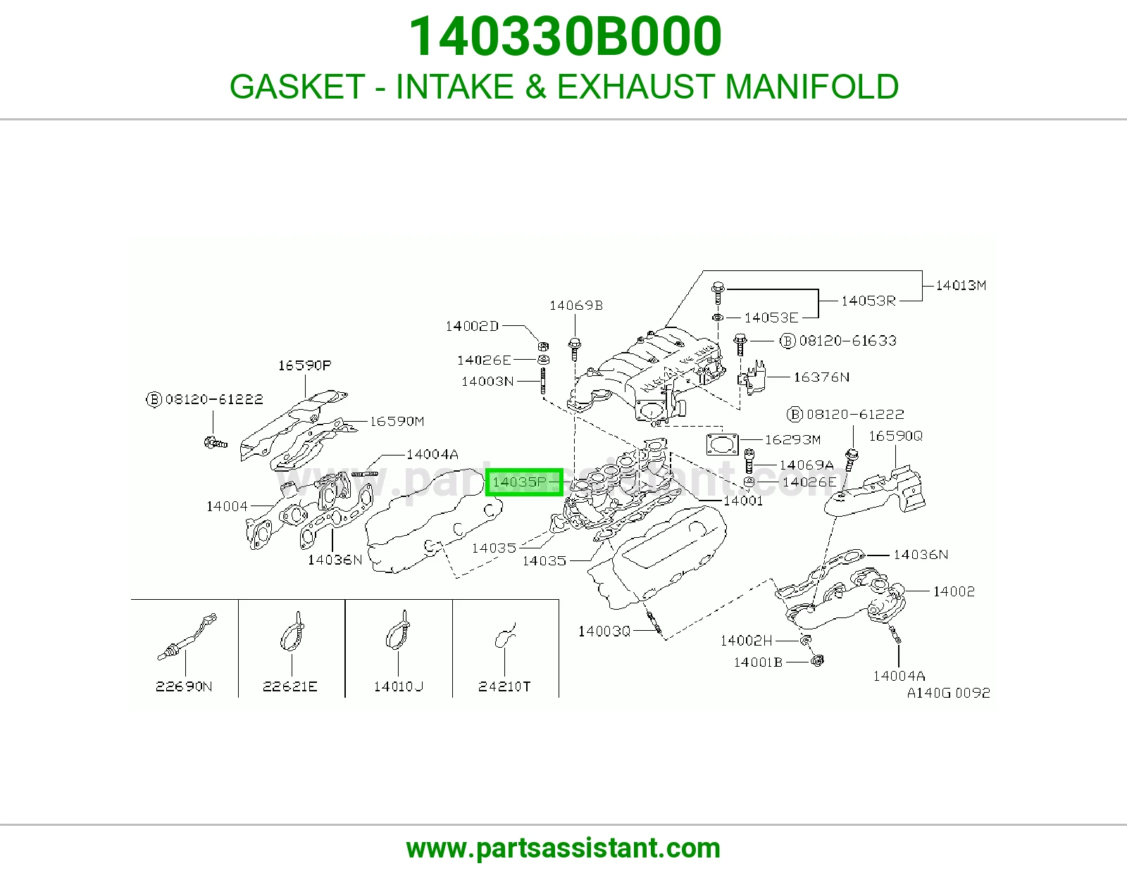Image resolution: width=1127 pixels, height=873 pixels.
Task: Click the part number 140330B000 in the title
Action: [564, 37]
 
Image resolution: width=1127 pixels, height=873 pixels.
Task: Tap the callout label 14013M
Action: [961, 285]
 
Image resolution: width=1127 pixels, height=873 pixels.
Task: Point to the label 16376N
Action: [821, 377]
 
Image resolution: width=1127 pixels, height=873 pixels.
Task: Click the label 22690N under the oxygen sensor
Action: [184, 686]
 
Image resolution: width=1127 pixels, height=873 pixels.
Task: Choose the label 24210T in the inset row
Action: [504, 686]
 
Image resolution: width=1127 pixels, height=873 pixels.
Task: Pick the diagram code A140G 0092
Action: [948, 693]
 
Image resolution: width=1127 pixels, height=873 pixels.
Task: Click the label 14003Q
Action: [604, 631]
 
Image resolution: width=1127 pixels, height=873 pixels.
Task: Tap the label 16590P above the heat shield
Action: [304, 365]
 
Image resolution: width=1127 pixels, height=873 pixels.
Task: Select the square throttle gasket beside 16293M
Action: [722, 444]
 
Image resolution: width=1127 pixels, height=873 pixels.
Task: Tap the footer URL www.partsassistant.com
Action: [563, 848]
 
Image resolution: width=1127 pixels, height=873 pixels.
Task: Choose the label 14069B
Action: [576, 306]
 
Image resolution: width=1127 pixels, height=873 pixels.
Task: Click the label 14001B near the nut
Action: [758, 662]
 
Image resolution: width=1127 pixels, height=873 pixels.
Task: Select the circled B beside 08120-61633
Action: [787, 341]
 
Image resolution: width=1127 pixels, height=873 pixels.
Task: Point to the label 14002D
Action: [472, 326]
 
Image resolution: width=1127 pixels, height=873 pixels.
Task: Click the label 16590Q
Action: [896, 436]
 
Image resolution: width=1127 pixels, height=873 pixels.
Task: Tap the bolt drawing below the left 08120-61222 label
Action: [216, 444]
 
